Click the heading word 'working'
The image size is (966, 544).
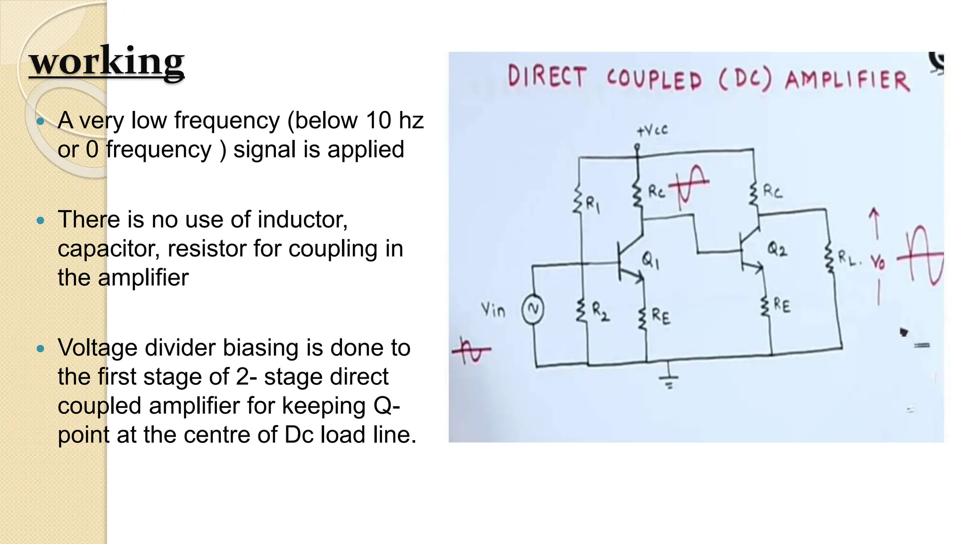click(107, 61)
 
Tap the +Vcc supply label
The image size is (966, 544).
click(652, 130)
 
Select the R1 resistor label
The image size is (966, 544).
click(592, 205)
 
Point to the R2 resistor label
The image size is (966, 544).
click(600, 312)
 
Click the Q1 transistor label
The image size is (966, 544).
click(650, 260)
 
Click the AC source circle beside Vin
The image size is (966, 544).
click(533, 309)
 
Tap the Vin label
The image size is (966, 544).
click(493, 310)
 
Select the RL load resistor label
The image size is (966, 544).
click(849, 258)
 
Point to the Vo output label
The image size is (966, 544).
click(878, 261)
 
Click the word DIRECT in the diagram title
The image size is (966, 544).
click(547, 77)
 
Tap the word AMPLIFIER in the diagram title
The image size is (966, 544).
click(847, 80)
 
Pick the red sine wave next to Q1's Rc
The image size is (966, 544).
click(689, 186)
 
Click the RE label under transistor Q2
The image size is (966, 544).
click(782, 306)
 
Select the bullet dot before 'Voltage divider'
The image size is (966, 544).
click(41, 349)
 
